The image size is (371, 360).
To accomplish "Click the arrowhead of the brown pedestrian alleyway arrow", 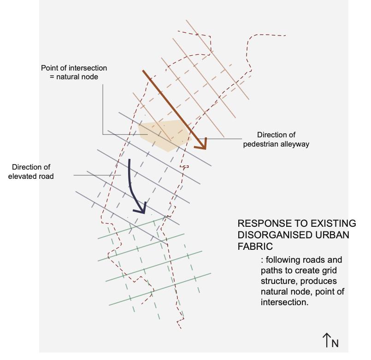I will (x=201, y=145).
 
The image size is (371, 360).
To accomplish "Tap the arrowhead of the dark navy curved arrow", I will (x=141, y=209).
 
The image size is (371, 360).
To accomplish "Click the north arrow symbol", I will (x=327, y=340).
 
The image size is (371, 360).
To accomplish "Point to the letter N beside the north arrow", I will (x=335, y=343).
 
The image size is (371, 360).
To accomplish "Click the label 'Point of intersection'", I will (x=74, y=68).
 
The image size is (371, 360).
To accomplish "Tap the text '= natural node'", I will (x=74, y=77).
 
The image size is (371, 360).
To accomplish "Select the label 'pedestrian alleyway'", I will (x=276, y=144).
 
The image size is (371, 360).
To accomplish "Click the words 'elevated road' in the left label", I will (x=31, y=176).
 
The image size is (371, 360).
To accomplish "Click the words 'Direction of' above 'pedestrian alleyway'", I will (x=276, y=135).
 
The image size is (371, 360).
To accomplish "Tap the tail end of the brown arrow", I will (x=144, y=72).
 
